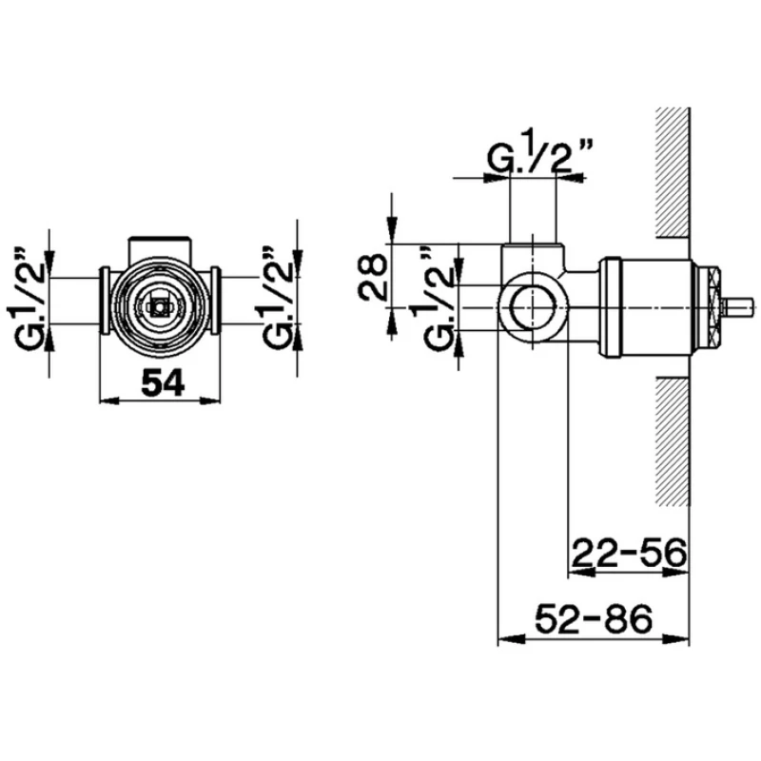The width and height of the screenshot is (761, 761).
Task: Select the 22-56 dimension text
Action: pos(630,553)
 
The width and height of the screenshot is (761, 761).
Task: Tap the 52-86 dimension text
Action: pos(593,619)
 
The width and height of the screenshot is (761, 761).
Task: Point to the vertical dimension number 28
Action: pos(373,277)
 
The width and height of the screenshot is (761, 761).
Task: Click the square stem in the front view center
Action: pos(159,307)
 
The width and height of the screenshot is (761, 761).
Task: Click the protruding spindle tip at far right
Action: pos(738,307)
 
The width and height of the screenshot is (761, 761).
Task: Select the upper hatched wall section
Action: pos(673,173)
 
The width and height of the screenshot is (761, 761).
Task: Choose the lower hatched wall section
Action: pos(673,440)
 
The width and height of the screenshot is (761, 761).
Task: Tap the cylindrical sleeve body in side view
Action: pos(647,307)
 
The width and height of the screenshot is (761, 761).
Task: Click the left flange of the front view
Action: pos(105,301)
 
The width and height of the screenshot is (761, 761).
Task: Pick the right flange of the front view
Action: pos(215,301)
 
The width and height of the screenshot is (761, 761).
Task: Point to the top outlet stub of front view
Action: pos(159,248)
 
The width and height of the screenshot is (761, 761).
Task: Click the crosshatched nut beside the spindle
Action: pos(708,307)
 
